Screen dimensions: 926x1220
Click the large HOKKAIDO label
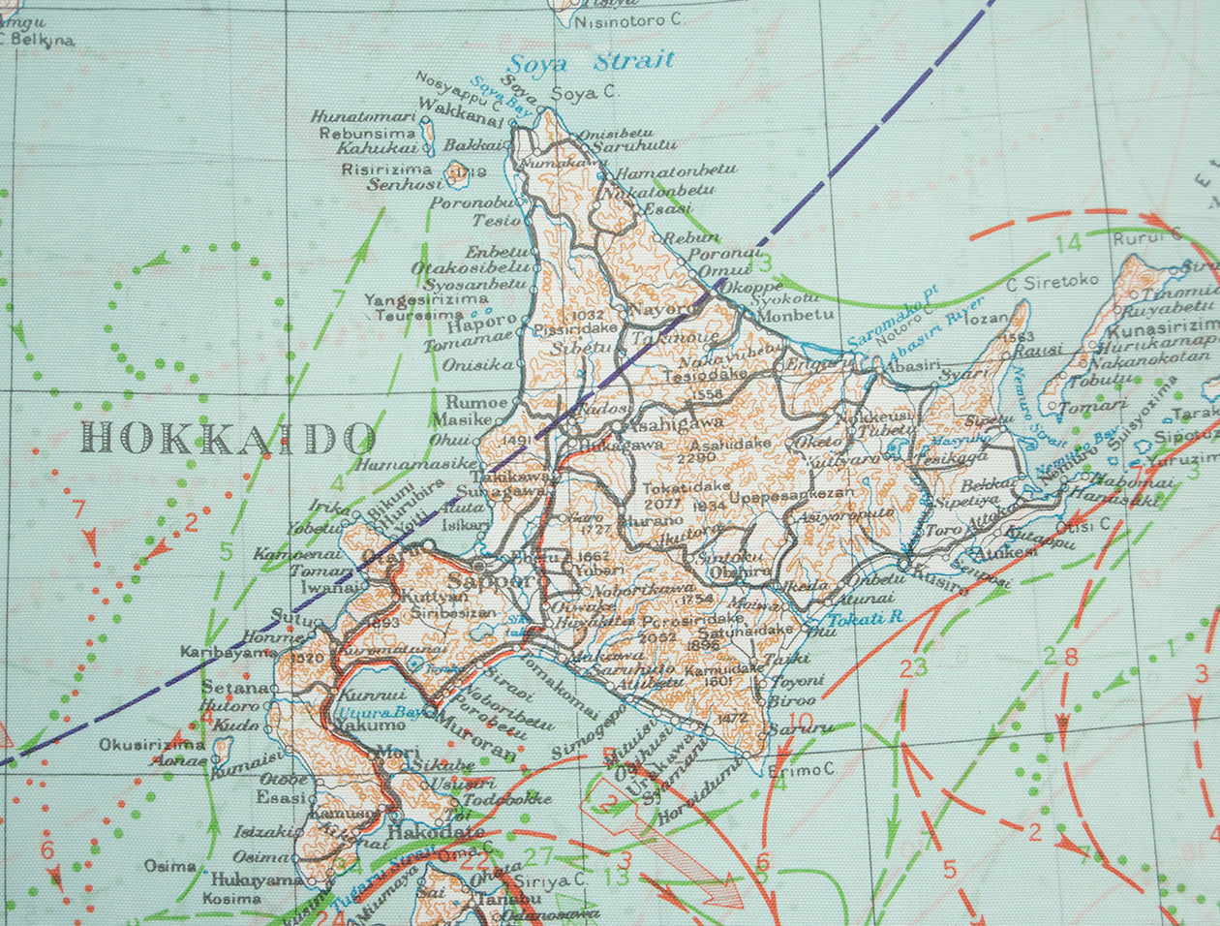[x=228, y=438]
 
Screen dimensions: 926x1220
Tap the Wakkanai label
[x=461, y=121]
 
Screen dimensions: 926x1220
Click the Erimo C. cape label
[x=801, y=770]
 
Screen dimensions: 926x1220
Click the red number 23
[x=913, y=666]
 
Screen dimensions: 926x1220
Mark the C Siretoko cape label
[x=1052, y=281]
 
